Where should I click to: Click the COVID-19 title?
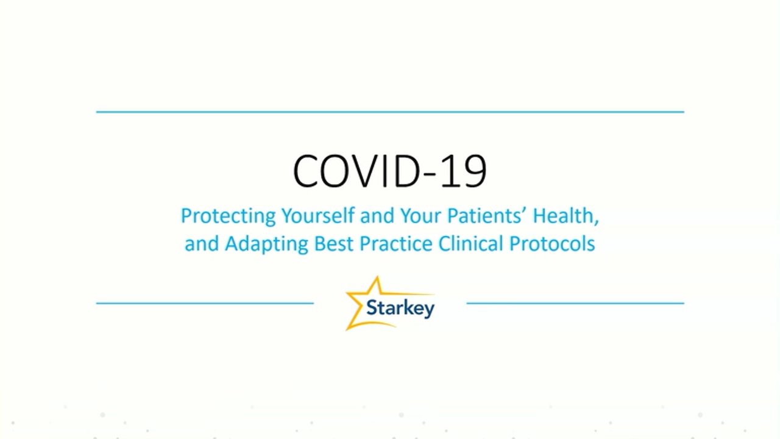tap(389, 171)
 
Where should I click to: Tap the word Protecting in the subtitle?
tap(229, 216)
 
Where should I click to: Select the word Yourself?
tap(318, 215)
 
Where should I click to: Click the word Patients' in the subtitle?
tap(487, 215)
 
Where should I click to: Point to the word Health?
tap(565, 216)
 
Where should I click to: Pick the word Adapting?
tap(266, 244)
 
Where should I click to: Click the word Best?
tap(333, 243)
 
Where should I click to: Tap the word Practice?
tap(395, 243)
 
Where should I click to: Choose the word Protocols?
tap(552, 243)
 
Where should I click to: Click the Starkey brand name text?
tap(400, 308)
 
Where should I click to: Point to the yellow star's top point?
tap(377, 277)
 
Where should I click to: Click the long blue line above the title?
tap(390, 112)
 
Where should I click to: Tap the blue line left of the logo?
tap(205, 303)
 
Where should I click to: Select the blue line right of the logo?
tap(575, 303)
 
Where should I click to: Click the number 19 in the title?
tap(464, 171)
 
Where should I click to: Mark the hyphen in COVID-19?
tap(430, 174)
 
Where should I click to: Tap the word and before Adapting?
tap(202, 243)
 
